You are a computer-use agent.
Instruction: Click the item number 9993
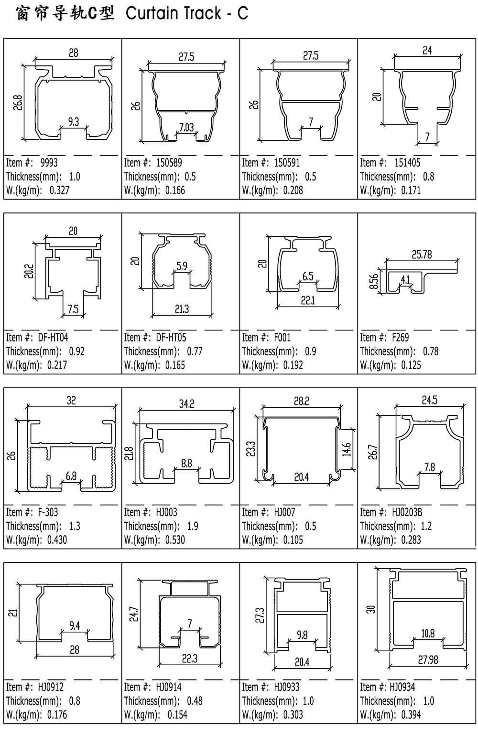(x=49, y=163)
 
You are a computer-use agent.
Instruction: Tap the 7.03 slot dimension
(x=186, y=127)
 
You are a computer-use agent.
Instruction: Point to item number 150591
(x=287, y=163)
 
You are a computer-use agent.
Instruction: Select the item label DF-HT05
(x=171, y=338)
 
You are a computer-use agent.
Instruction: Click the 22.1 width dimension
(x=308, y=300)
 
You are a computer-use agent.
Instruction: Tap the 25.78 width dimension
(x=422, y=254)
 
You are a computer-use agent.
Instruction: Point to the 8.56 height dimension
(x=373, y=281)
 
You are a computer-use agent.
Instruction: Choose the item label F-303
(x=48, y=512)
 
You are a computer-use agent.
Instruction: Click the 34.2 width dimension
(x=187, y=404)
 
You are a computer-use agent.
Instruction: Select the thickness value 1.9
(x=192, y=526)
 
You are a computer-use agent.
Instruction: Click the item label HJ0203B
(x=407, y=512)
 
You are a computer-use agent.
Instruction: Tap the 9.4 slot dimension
(x=75, y=625)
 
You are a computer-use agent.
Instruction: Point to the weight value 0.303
(x=293, y=714)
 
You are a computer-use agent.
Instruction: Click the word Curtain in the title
(x=152, y=13)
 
